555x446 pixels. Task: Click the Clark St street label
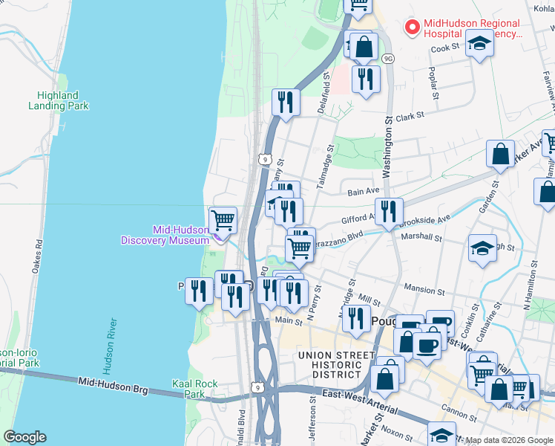(409, 116)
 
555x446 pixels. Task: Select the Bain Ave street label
(363, 192)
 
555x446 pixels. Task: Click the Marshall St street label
(421, 238)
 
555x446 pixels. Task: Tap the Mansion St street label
(422, 288)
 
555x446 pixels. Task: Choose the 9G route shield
(387, 57)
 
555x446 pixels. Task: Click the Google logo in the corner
(24, 437)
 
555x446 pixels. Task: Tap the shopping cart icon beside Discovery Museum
(223, 220)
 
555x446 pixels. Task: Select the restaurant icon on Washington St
(389, 212)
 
